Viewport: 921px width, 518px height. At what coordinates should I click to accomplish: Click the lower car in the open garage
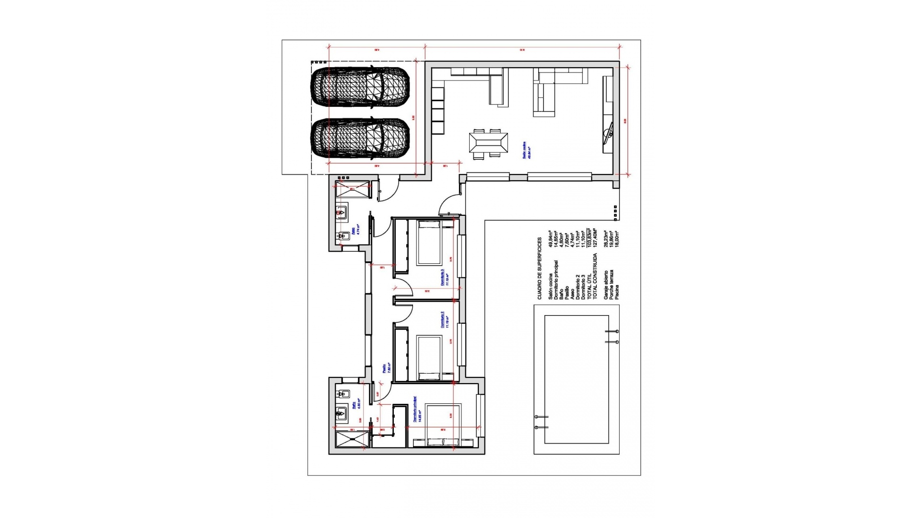(360, 138)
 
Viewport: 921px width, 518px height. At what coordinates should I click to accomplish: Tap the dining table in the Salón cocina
(488, 143)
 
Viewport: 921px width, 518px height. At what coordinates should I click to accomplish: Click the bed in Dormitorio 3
(429, 242)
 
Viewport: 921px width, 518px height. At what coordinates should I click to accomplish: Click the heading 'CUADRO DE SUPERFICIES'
(540, 268)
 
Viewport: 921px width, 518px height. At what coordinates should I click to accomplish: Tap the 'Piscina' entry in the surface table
(617, 292)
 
